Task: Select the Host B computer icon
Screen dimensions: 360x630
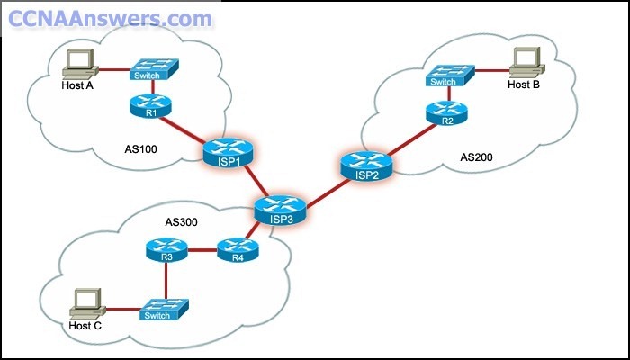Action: pos(523,61)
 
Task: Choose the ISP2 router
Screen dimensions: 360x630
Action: pos(366,166)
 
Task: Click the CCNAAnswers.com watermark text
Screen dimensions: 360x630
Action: pos(108,17)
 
